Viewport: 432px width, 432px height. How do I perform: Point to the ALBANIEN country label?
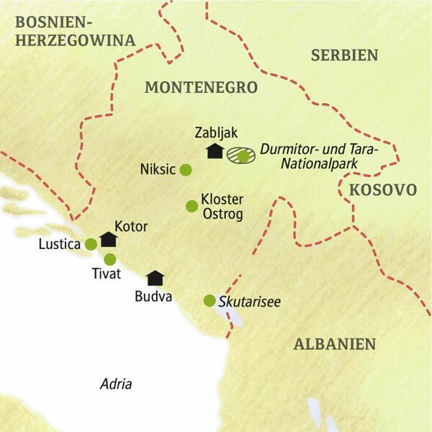click(336, 344)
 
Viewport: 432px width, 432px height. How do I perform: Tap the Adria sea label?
click(116, 384)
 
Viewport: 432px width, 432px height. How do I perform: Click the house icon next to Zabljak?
click(213, 151)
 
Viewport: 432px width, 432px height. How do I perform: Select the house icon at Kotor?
click(109, 239)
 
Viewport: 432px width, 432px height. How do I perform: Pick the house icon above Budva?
click(154, 277)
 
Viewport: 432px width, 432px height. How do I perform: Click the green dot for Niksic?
click(185, 170)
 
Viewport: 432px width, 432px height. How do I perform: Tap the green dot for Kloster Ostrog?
click(192, 207)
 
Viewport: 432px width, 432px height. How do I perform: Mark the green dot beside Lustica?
click(91, 244)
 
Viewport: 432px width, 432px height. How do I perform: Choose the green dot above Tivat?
click(109, 259)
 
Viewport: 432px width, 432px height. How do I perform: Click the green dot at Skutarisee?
click(210, 300)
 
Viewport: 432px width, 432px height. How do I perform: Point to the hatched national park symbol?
click(239, 156)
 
